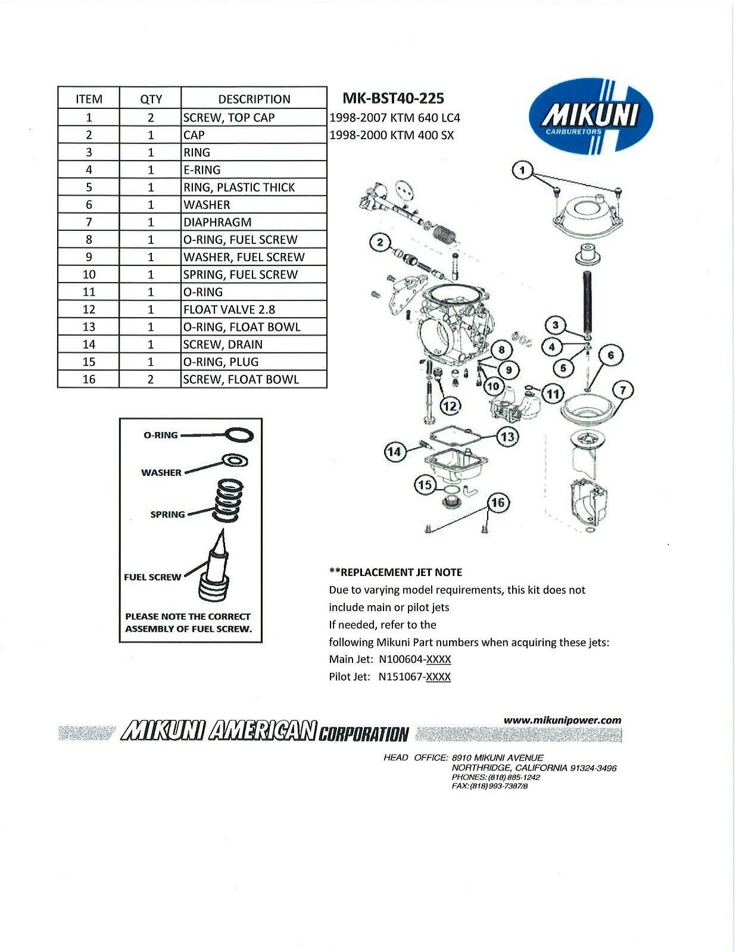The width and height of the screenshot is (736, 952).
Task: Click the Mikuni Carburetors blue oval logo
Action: (x=591, y=115)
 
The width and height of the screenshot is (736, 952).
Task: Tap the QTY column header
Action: (x=151, y=99)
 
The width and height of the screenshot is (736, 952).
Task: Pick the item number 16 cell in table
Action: (x=89, y=379)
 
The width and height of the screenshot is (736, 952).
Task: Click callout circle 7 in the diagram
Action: (x=623, y=391)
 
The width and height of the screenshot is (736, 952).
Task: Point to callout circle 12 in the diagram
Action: (x=451, y=406)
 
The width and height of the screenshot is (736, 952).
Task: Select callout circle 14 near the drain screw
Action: (x=394, y=452)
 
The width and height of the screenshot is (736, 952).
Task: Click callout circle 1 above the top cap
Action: (x=522, y=171)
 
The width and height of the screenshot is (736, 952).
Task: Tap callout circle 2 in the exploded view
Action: (x=379, y=242)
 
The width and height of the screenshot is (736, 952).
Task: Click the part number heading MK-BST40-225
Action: (x=394, y=98)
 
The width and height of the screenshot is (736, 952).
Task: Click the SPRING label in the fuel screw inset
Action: (x=167, y=514)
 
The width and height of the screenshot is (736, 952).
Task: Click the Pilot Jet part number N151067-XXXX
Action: (x=414, y=677)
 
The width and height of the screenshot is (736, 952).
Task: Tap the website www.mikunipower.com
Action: (x=562, y=720)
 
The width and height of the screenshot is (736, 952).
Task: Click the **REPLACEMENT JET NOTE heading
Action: (x=395, y=572)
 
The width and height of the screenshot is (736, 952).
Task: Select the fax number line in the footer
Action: (x=490, y=786)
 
